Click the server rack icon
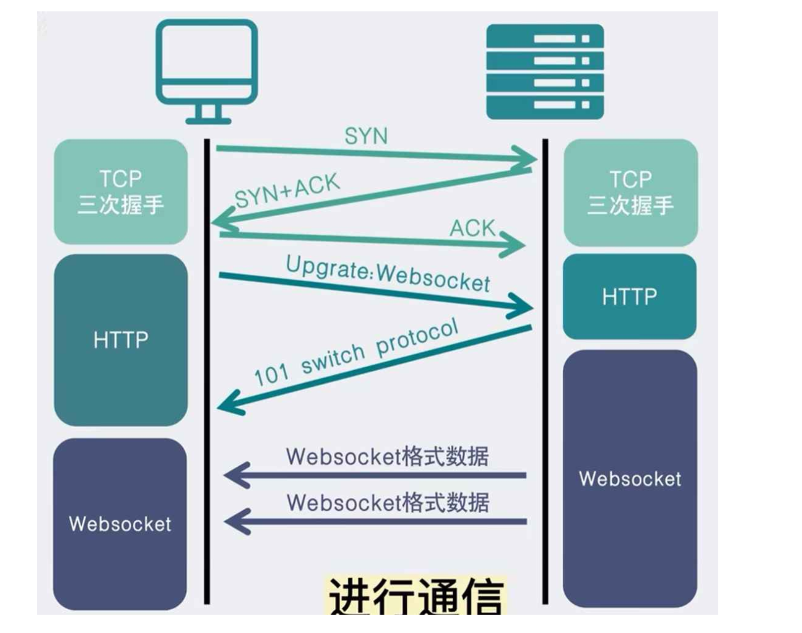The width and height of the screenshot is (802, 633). [x=545, y=72]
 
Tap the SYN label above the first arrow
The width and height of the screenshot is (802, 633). [x=366, y=136]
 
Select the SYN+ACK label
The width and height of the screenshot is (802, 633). [x=287, y=191]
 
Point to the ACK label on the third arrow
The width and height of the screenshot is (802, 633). [x=472, y=228]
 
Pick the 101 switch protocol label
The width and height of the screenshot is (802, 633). [x=356, y=353]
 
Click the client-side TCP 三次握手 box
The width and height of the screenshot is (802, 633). [x=120, y=192]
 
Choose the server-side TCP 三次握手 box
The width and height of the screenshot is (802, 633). [x=630, y=193]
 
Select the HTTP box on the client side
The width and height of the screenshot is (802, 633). [x=120, y=340]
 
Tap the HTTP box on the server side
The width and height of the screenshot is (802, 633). [x=629, y=296]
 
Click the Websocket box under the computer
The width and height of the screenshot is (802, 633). [x=120, y=524]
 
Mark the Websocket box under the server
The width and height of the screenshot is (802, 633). [x=630, y=478]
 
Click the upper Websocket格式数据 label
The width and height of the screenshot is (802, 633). [x=387, y=456]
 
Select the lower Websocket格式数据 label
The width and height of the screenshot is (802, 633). [x=388, y=503]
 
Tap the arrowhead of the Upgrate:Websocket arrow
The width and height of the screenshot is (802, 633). [x=523, y=306]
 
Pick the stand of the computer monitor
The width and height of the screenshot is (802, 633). [x=208, y=115]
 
